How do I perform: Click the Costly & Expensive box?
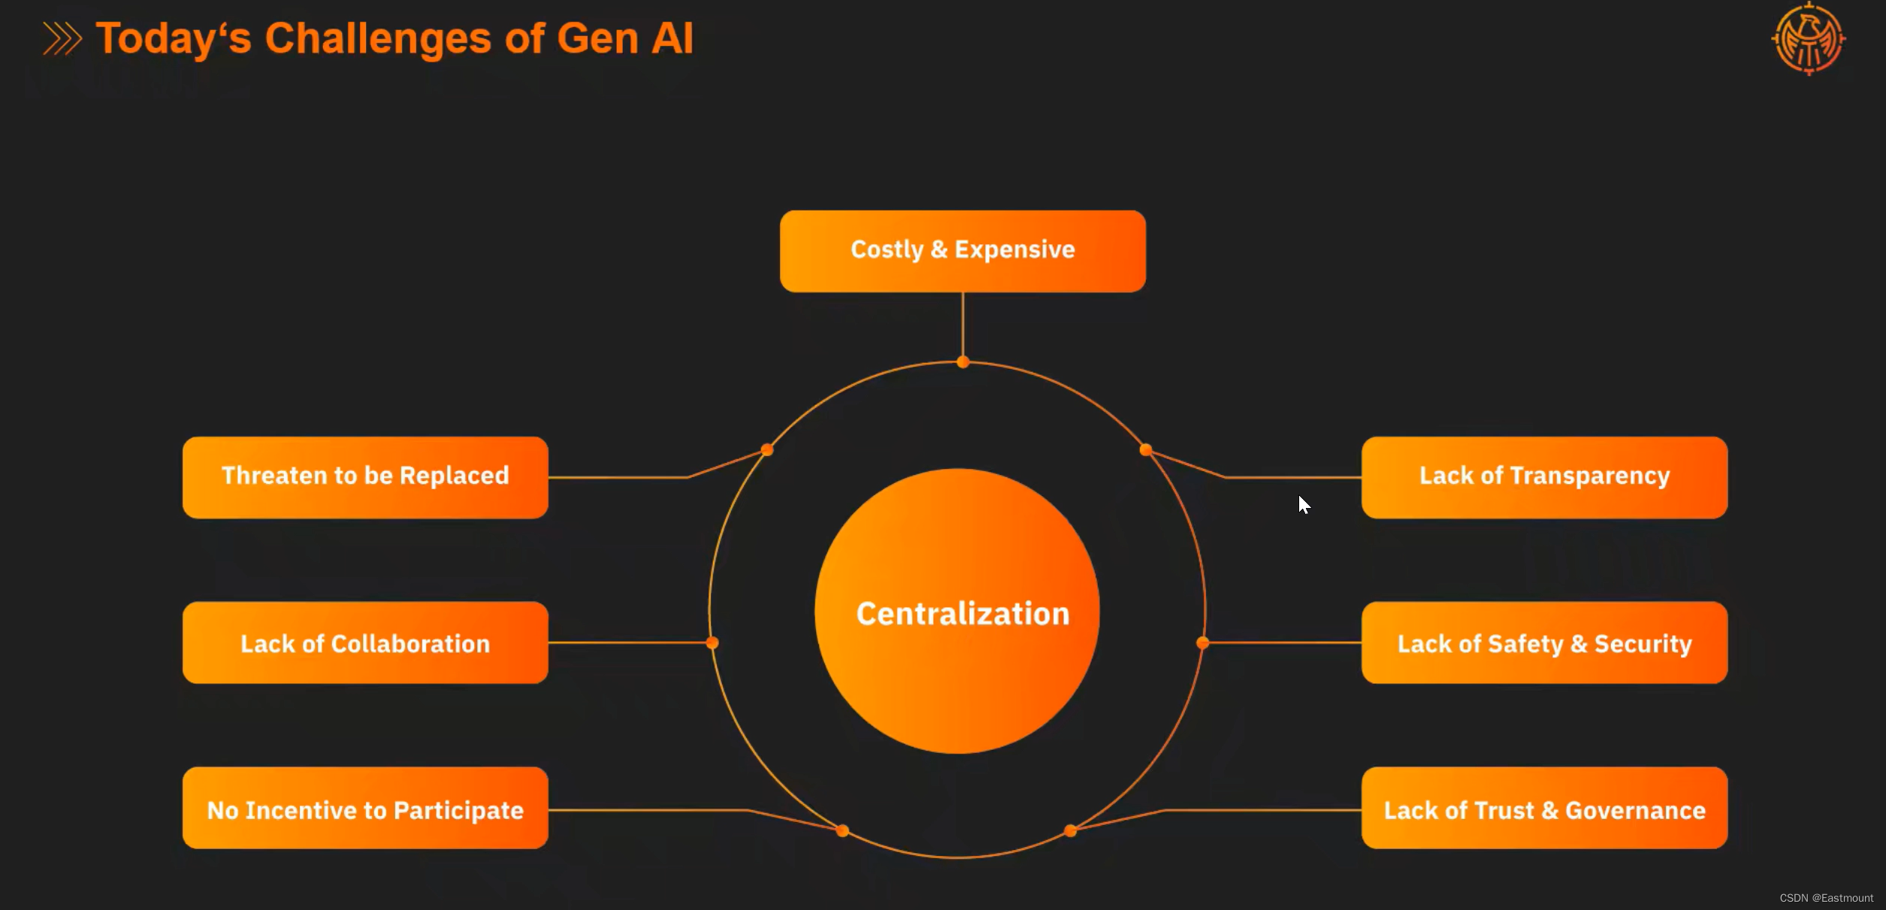click(963, 251)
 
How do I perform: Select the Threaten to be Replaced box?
click(365, 477)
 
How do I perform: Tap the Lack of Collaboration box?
click(365, 642)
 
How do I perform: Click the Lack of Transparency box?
click(1544, 477)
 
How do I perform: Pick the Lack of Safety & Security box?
click(1544, 642)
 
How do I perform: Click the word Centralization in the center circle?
click(963, 614)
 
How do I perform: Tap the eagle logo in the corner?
click(1809, 39)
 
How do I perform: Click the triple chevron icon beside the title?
click(62, 39)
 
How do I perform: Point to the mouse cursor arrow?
click(1304, 504)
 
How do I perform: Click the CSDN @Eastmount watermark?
click(1826, 898)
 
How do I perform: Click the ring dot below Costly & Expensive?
click(963, 362)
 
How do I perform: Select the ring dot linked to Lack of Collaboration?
click(712, 642)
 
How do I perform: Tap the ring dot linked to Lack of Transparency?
click(1146, 450)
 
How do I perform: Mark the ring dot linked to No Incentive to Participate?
click(842, 830)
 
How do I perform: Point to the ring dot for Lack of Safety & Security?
click(1203, 642)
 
